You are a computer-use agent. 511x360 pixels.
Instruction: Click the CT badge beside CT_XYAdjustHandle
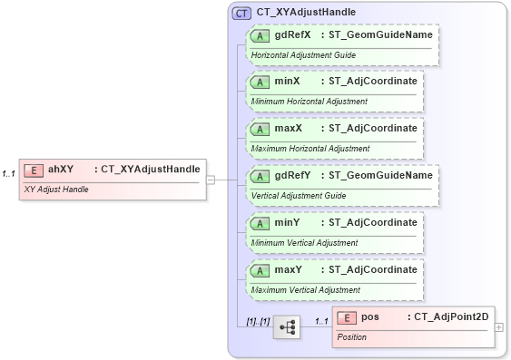(241, 13)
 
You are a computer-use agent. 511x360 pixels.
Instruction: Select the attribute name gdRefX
(293, 34)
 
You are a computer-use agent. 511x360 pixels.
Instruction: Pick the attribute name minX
(288, 82)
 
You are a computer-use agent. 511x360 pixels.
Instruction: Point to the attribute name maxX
(289, 129)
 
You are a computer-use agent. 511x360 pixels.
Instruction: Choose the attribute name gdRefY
(293, 176)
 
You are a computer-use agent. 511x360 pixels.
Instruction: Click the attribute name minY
(288, 223)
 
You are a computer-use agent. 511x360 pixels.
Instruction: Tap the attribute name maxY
(289, 270)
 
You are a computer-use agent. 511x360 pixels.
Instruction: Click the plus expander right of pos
(499, 327)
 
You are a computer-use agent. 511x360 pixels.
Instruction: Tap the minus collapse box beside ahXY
(210, 180)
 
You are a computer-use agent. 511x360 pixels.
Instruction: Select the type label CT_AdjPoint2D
(450, 317)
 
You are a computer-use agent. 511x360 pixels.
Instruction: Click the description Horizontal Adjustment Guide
(302, 55)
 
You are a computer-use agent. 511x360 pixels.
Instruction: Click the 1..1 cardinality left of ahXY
(9, 173)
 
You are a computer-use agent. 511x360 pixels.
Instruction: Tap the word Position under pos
(351, 337)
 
